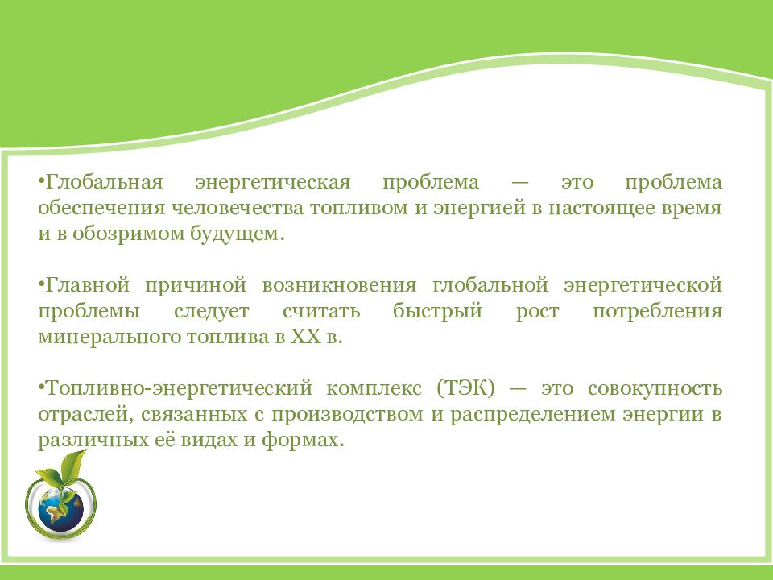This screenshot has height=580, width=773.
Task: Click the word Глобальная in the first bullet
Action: [104, 182]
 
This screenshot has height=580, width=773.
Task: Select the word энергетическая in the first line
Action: [273, 183]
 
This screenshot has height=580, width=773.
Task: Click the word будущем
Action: [238, 234]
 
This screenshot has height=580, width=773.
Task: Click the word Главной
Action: [88, 285]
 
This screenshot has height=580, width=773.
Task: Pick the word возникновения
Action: [339, 286]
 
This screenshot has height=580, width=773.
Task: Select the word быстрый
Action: [437, 312]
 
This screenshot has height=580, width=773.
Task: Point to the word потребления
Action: [657, 312]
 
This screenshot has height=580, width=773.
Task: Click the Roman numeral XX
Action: [306, 338]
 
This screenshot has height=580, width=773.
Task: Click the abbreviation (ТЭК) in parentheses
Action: [465, 388]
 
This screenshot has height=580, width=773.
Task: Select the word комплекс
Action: [374, 388]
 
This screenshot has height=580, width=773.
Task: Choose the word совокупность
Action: [655, 389]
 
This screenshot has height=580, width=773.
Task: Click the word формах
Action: [302, 440]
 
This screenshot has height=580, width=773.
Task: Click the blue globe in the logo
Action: [60, 510]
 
